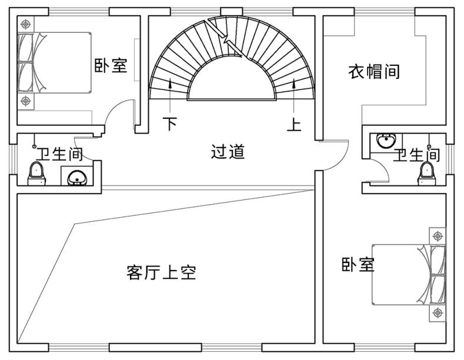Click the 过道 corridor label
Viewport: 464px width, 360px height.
click(228, 152)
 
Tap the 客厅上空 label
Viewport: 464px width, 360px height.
click(161, 272)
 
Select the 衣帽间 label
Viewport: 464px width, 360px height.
click(375, 72)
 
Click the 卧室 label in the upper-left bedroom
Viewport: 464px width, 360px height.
click(111, 65)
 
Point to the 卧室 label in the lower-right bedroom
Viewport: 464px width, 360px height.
click(358, 265)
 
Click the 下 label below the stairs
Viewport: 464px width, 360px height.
click(170, 124)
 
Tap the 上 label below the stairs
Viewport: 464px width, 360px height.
click(294, 124)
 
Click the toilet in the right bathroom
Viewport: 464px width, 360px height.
click(425, 173)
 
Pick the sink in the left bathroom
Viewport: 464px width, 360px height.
click(76, 176)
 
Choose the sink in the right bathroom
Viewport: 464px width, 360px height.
click(386, 142)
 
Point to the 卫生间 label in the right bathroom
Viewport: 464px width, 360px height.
click(416, 155)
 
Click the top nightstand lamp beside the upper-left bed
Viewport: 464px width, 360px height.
click(25, 24)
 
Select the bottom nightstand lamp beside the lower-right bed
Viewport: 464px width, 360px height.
click(436, 312)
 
